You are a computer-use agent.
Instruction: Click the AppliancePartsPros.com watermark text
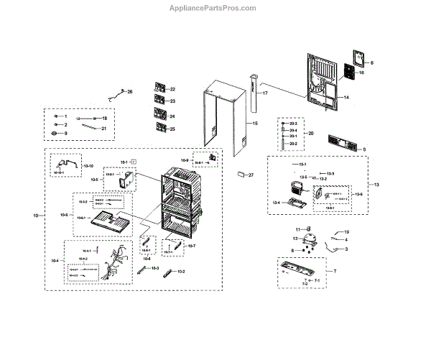click(215, 8)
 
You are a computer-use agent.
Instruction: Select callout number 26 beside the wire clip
click(130, 92)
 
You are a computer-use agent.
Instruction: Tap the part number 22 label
click(172, 89)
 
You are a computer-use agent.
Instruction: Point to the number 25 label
click(172, 129)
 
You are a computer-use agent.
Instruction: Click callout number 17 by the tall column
click(264, 94)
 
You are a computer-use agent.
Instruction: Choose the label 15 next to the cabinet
click(254, 124)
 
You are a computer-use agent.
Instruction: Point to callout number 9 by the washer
click(64, 133)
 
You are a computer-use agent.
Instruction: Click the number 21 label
click(103, 129)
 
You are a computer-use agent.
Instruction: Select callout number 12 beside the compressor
click(295, 239)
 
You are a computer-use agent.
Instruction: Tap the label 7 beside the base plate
click(335, 271)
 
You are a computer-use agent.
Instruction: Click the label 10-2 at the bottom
click(181, 272)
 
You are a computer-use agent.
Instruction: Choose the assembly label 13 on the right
click(376, 185)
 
